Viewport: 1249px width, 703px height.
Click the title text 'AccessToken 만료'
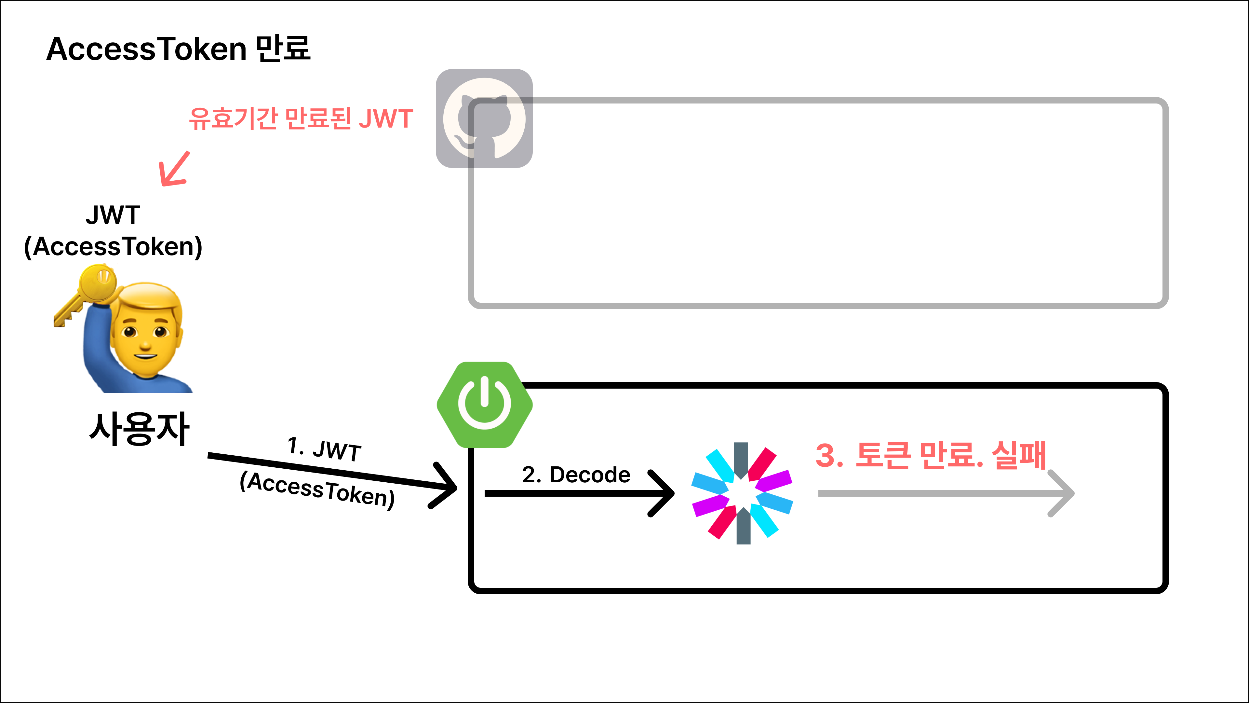179,49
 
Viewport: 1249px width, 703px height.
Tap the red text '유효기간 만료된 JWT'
301,119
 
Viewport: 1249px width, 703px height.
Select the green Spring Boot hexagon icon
484,405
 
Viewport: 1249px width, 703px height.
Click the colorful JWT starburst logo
742,493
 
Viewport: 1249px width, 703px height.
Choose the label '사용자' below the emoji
139,429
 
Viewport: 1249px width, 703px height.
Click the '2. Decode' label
576,475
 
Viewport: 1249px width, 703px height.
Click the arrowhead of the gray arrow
1064,493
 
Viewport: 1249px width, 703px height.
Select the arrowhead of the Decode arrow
664,493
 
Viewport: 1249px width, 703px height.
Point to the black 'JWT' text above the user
113,215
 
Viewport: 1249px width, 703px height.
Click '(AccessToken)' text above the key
113,246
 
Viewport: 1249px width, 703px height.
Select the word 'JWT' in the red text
386,119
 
